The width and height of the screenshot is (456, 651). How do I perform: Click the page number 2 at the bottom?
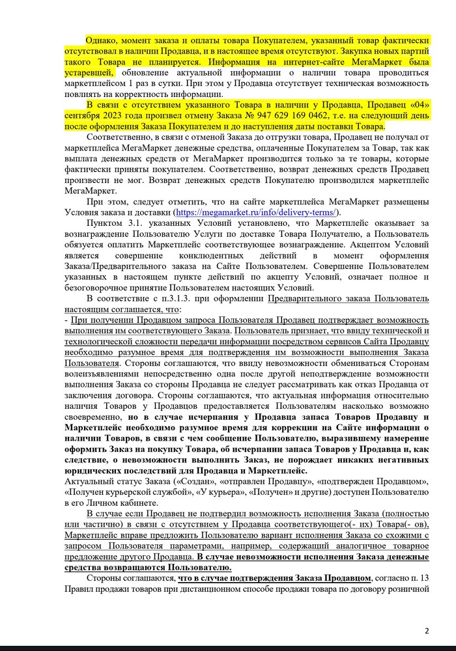pos(427,630)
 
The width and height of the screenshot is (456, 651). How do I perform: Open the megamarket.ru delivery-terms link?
pos(257,213)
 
